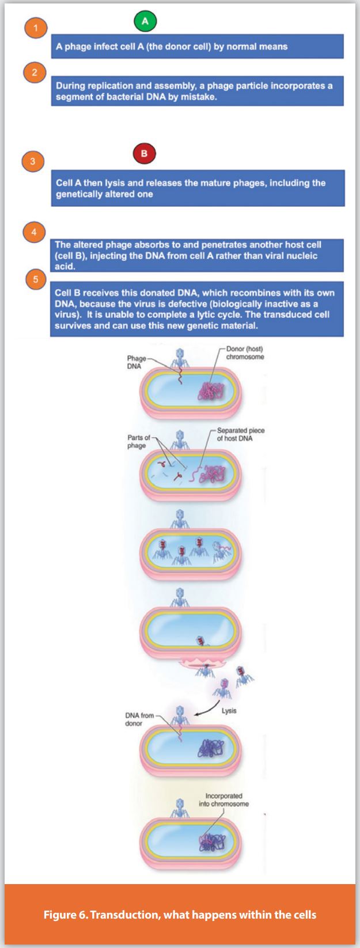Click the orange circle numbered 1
pyautogui.click(x=36, y=28)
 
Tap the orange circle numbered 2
pyautogui.click(x=35, y=72)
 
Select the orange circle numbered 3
pyautogui.click(x=33, y=161)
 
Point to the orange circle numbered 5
pyautogui.click(x=36, y=280)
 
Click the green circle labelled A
pyautogui.click(x=145, y=21)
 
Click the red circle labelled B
pyautogui.click(x=144, y=154)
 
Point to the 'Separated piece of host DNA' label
pyautogui.click(x=241, y=434)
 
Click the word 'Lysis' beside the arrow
pyautogui.click(x=229, y=711)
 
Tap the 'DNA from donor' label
pyautogui.click(x=139, y=719)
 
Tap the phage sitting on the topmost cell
pyautogui.click(x=179, y=357)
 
